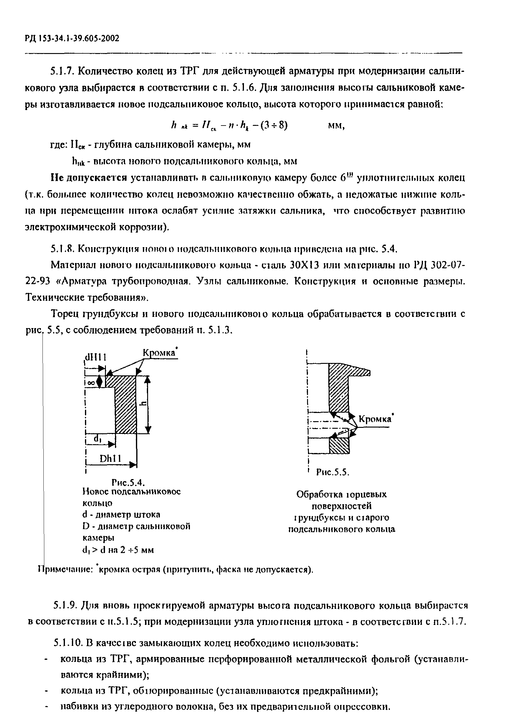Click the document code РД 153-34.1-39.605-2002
coord(72,39)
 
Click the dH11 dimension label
coord(95,357)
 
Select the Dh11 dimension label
coord(110,459)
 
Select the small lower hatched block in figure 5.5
coord(339,446)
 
